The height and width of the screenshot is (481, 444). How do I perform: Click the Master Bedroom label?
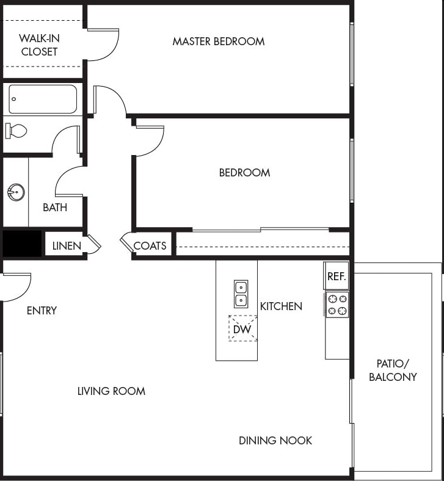pyautogui.click(x=218, y=42)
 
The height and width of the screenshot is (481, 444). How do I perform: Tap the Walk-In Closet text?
pyautogui.click(x=39, y=45)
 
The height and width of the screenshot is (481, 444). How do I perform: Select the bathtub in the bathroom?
pyautogui.click(x=43, y=99)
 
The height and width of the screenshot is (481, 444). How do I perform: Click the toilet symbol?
pyautogui.click(x=16, y=130)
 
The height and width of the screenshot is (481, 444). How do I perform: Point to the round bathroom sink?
pyautogui.click(x=16, y=192)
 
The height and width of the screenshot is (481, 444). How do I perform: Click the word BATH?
pyautogui.click(x=55, y=208)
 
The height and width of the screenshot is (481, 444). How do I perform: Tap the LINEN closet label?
pyautogui.click(x=67, y=246)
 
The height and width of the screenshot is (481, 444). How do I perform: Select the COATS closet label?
pyautogui.click(x=150, y=246)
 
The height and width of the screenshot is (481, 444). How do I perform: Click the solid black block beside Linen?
pyautogui.click(x=22, y=244)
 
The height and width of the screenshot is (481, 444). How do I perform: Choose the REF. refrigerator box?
pyautogui.click(x=337, y=276)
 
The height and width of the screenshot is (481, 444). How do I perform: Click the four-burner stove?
pyautogui.click(x=337, y=305)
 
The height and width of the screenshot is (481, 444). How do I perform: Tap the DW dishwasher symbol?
pyautogui.click(x=242, y=328)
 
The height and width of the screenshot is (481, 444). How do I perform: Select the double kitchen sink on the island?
pyautogui.click(x=241, y=294)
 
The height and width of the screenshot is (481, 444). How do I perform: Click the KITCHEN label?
pyautogui.click(x=281, y=306)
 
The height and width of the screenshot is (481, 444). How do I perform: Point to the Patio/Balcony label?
pyautogui.click(x=393, y=370)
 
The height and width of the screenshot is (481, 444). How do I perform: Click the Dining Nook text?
pyautogui.click(x=275, y=440)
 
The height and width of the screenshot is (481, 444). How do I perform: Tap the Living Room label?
pyautogui.click(x=111, y=391)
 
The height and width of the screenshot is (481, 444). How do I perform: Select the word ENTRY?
pyautogui.click(x=42, y=311)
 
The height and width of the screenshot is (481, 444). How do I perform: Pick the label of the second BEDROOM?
pyautogui.click(x=244, y=173)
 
